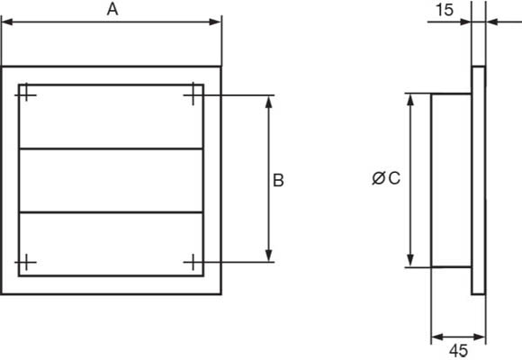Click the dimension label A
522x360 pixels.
112,10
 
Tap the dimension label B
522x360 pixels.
278,180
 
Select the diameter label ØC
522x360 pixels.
386,178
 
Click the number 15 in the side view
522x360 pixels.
445,10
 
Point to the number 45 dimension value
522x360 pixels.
458,351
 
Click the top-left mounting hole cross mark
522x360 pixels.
25,95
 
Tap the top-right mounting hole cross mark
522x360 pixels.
193,95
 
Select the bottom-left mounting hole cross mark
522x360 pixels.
25,263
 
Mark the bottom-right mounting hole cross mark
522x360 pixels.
193,262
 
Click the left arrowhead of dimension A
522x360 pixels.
7,22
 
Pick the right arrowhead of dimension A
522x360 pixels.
215,22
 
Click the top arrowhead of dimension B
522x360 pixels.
269,102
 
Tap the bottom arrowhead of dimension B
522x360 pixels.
269,256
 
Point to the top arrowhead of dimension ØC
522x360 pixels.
410,100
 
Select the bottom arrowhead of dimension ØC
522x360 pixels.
410,260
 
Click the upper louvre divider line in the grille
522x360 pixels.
112,148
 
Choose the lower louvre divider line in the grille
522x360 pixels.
112,211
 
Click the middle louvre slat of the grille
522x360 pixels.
112,180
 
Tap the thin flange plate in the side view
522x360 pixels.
479,180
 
